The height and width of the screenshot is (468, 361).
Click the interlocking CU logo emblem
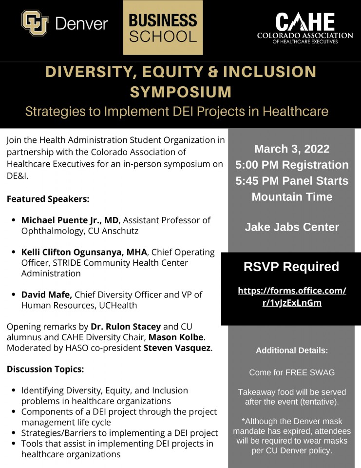(35, 23)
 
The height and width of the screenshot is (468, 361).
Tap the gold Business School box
(163, 28)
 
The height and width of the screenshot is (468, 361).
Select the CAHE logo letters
(305, 22)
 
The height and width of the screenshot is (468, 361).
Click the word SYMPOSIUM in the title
(180, 92)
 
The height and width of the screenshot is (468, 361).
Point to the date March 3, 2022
(292, 149)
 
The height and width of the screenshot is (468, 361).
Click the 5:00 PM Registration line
(292, 165)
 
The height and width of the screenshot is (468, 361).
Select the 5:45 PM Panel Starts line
(292, 181)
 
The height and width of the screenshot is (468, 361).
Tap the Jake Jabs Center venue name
(292, 227)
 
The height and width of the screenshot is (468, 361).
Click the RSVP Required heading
(291, 267)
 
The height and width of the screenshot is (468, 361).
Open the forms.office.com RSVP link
(292, 297)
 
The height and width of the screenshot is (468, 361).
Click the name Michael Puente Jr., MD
(70, 220)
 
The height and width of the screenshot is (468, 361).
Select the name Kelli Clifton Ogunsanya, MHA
(84, 252)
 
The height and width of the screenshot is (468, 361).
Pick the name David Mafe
(47, 295)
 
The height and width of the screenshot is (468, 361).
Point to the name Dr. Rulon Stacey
(126, 327)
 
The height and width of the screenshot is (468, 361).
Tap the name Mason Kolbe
(176, 337)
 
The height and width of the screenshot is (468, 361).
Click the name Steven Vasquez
(177, 348)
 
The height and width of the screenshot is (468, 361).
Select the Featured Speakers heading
(48, 199)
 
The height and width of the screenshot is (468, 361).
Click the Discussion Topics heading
(45, 369)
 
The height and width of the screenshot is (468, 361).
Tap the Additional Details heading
(292, 351)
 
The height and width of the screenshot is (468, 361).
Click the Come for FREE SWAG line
(292, 372)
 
